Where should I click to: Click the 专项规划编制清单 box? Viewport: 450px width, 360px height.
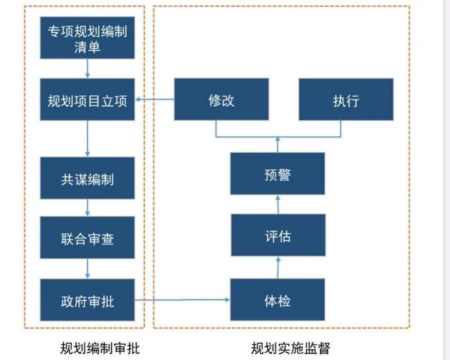tap(87, 38)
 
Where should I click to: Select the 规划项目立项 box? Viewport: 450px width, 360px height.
tap(87, 99)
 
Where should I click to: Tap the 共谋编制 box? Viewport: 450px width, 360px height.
tap(87, 178)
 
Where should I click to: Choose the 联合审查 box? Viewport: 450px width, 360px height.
tap(87, 237)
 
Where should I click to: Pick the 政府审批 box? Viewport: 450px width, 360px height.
tap(87, 300)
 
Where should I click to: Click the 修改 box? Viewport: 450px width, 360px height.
tap(221, 99)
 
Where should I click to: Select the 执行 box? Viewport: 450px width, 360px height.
tap(346, 99)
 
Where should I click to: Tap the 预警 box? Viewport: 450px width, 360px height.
tap(277, 174)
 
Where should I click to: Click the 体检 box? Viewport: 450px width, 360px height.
tap(278, 300)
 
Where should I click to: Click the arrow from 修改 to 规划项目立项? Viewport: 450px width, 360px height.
tap(154, 100)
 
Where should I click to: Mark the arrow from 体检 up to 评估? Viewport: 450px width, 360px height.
tap(278, 267)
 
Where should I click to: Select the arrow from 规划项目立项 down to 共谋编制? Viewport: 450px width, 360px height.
tap(88, 138)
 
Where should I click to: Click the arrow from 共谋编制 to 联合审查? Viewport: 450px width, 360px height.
tap(88, 208)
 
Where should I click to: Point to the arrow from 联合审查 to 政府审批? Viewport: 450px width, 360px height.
tap(88, 269)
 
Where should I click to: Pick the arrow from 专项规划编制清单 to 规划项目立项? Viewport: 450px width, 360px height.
tap(88, 68)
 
